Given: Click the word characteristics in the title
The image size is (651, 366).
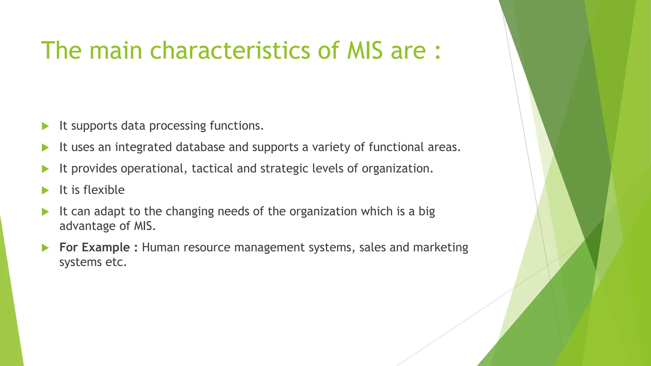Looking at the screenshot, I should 230,50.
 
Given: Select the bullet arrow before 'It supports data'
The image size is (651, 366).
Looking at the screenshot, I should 45,126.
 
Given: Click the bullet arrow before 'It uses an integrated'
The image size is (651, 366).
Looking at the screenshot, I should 45,147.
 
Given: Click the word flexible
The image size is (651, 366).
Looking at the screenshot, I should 104,190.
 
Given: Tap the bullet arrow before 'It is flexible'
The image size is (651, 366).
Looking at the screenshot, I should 45,190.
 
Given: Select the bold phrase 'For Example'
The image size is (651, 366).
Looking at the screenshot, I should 94,247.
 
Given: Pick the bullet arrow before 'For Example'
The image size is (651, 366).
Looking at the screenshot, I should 45,248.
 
